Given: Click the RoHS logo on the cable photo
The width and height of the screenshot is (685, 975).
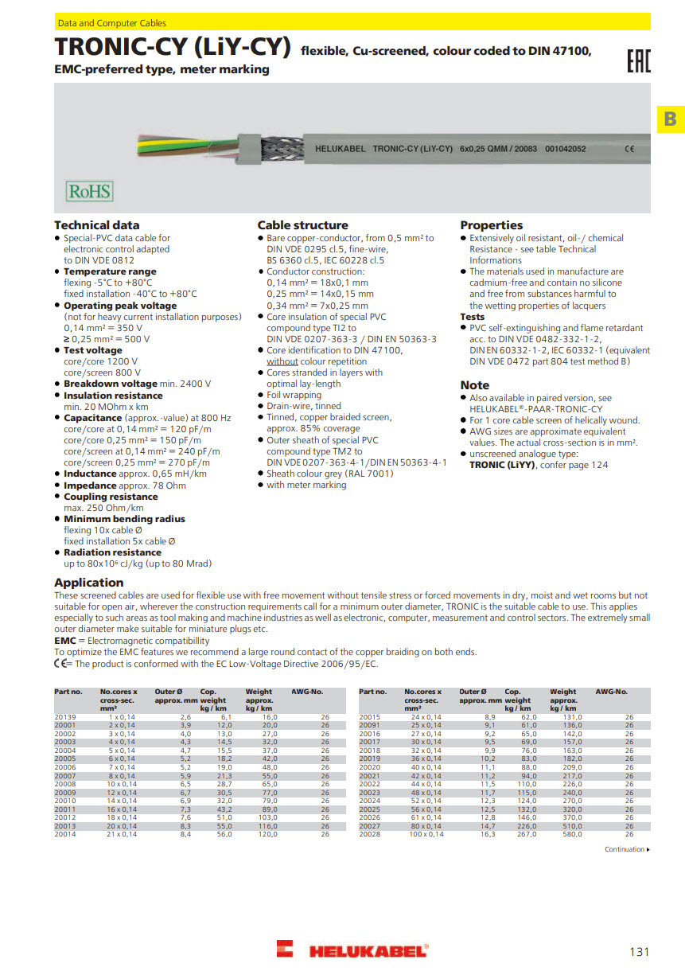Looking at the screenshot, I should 88,191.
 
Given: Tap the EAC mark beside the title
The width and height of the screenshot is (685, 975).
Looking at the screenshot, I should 638,60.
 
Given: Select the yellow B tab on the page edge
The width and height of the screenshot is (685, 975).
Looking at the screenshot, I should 670,119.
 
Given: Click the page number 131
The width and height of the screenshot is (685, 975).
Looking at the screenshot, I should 639,952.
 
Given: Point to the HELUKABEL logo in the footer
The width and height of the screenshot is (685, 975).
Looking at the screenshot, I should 352,950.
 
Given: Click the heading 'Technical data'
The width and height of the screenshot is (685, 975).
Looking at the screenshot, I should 96,225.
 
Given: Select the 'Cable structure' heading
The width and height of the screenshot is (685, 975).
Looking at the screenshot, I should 302,225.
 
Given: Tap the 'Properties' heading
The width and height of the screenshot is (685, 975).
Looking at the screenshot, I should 491,225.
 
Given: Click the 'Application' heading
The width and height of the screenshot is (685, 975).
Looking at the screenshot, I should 88,583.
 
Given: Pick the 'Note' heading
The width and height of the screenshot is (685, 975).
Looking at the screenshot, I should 474,385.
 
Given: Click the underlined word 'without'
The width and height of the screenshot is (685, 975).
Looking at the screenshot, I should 282,361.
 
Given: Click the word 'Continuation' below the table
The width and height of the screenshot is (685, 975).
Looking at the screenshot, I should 624,849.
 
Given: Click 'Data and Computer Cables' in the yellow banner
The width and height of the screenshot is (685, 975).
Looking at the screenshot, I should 111,23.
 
